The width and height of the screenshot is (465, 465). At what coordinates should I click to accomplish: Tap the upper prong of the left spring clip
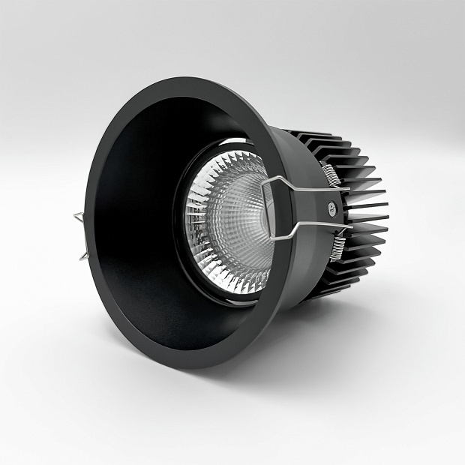[x=79, y=218]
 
